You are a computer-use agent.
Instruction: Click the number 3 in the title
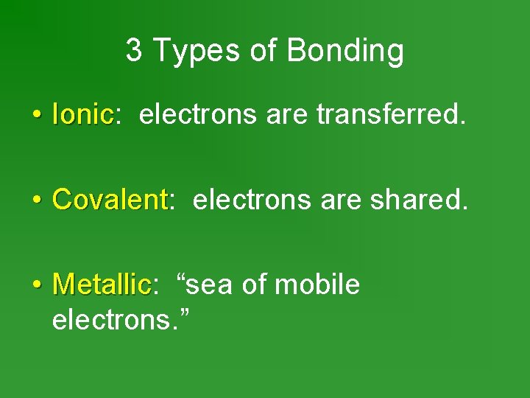[x=133, y=51]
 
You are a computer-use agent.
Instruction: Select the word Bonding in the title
[x=344, y=52]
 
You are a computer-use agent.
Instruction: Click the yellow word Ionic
[x=82, y=114]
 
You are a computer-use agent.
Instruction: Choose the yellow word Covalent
[x=110, y=199]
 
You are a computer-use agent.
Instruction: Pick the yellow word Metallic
[x=102, y=284]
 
